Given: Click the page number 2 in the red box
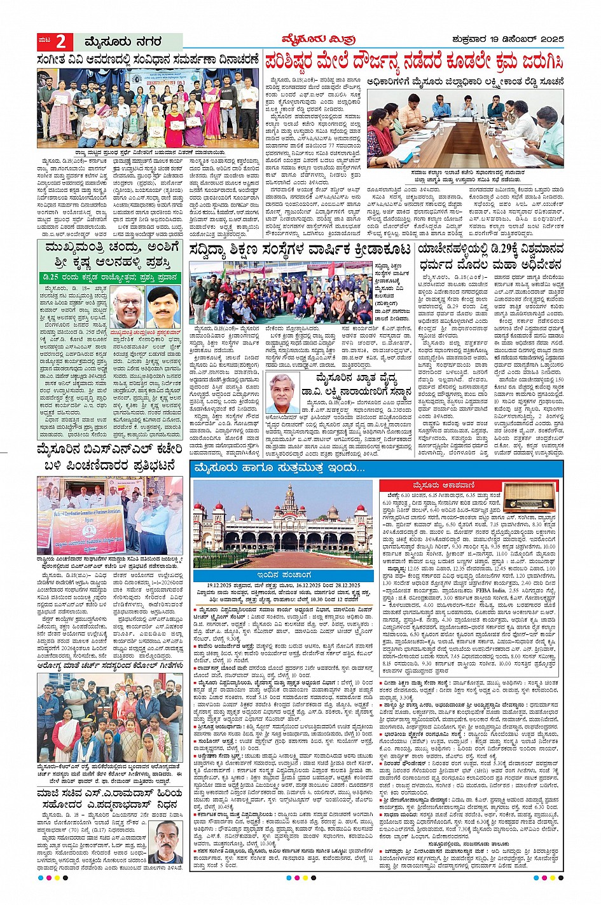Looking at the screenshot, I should click(x=61, y=41).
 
